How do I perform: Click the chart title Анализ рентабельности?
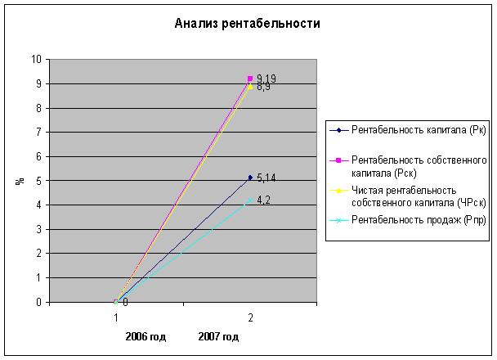pos(247,24)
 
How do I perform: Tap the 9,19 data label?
pos(266,78)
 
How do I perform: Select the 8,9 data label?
pos(264,87)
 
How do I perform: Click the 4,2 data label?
pos(264,200)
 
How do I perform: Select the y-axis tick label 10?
pos(34,59)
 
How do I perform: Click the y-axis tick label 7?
pos(38,132)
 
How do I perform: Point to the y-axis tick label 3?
pos(38,229)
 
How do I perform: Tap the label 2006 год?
pos(146,336)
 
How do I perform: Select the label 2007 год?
pos(218,336)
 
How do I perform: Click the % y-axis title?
pos(19,181)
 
